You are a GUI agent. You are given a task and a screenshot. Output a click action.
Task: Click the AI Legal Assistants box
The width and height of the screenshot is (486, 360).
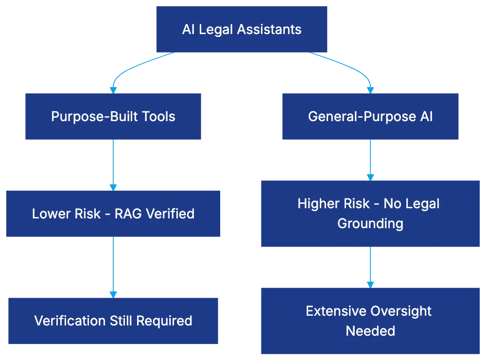click(x=242, y=29)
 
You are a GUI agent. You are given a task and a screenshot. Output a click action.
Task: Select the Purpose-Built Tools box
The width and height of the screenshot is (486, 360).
click(x=113, y=117)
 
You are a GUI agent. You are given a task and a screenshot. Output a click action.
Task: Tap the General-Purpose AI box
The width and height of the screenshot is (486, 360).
click(x=370, y=117)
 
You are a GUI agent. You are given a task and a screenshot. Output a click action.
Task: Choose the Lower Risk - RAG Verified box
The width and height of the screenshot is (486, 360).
click(x=113, y=213)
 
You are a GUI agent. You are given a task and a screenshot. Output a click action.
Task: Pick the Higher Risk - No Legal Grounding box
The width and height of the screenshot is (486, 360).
click(x=370, y=214)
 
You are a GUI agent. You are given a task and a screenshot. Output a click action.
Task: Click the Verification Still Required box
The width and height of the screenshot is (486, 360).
click(x=113, y=321)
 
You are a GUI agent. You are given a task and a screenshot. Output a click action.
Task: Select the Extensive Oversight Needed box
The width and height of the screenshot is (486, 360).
click(x=370, y=320)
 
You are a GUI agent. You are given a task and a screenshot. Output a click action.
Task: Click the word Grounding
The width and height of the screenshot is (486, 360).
click(x=370, y=224)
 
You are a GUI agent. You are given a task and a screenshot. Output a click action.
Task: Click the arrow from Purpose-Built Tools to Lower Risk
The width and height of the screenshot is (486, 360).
click(x=113, y=163)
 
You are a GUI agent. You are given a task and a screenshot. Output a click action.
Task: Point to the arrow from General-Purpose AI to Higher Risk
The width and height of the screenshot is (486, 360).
click(x=370, y=159)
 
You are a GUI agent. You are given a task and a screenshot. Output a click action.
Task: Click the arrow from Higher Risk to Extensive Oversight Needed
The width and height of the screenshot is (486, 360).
click(x=370, y=265)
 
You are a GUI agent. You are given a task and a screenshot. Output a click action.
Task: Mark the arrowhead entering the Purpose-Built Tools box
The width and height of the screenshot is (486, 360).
click(x=113, y=90)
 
